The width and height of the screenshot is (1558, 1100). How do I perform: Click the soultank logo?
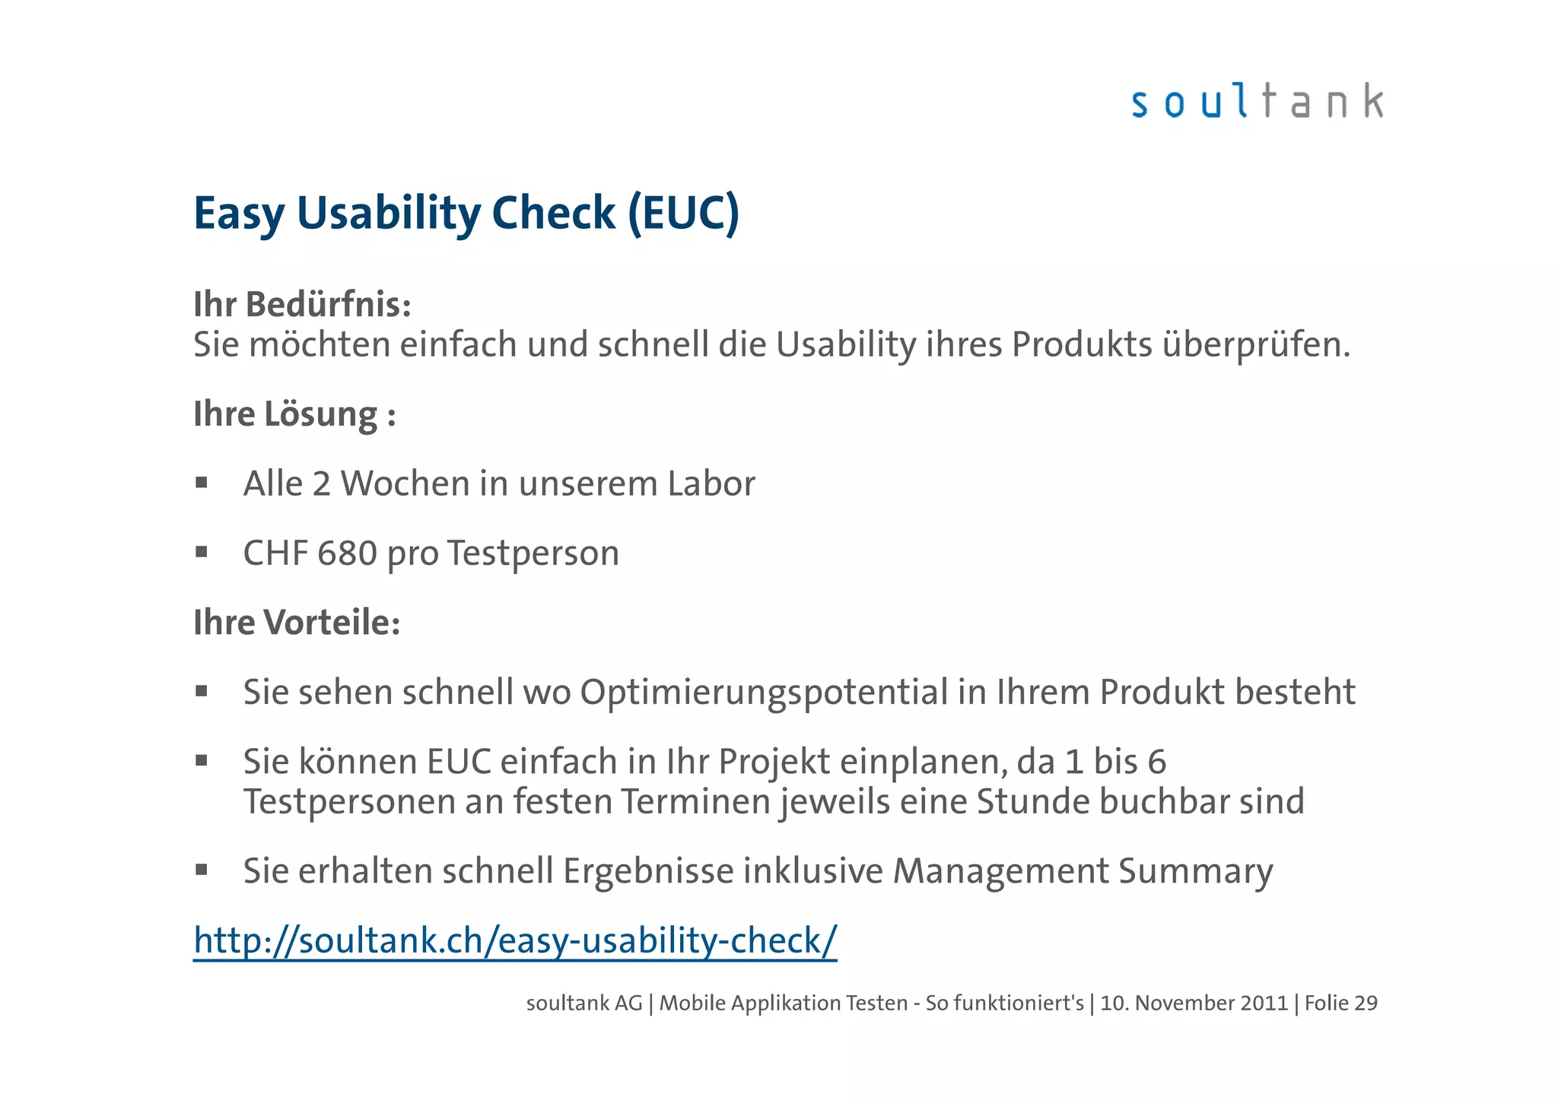coord(1257,101)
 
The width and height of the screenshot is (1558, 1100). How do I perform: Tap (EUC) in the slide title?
coord(683,213)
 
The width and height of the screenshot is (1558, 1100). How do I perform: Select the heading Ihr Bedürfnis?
coord(302,305)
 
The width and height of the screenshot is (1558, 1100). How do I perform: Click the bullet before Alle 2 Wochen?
coord(202,483)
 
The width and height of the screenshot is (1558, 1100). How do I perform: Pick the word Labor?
coord(711,484)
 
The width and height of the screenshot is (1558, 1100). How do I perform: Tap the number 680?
coord(347,553)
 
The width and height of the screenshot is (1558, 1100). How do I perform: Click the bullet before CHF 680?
coord(202,552)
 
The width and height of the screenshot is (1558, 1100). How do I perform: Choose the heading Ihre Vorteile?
coord(297,623)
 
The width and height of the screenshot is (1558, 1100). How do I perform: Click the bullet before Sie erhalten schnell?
coord(202,870)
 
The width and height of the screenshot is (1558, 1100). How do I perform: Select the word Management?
coord(1000,871)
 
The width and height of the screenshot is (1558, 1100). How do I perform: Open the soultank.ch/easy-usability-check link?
coord(515,941)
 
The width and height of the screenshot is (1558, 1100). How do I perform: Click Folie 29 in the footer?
coord(1340,1003)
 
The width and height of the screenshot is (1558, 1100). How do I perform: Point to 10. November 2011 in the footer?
coord(1194,1003)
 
